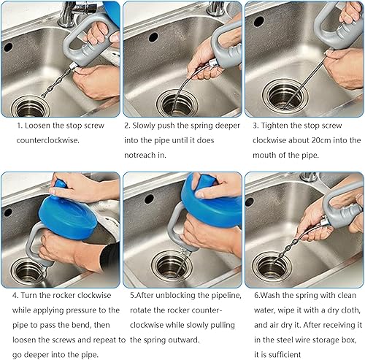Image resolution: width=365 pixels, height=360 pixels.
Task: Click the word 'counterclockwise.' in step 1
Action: tap(48, 140)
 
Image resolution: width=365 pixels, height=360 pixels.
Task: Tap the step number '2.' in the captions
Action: tap(127, 126)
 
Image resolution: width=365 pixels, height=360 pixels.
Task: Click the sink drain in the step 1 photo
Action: tap(31, 107)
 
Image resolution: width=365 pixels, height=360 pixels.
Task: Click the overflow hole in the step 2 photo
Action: tap(153, 37)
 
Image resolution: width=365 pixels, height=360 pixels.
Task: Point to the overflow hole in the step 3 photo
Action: tap(259, 21)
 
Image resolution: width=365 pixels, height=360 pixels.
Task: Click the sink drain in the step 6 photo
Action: tap(272, 267)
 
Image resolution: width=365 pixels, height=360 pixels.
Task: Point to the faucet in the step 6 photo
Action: tap(308, 177)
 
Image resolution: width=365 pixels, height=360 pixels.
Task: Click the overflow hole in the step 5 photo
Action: tap(149, 199)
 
